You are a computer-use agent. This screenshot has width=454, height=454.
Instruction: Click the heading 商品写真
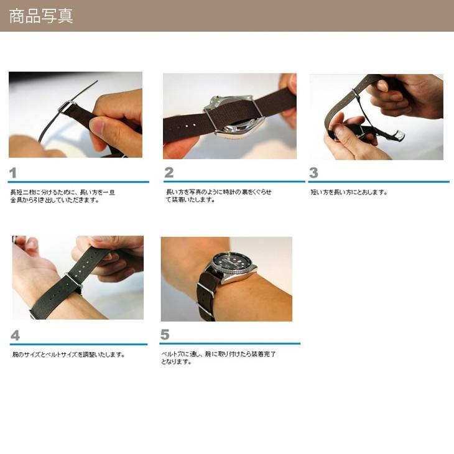pyautogui.click(x=41, y=16)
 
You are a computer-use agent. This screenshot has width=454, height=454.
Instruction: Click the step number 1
pyautogui.click(x=13, y=172)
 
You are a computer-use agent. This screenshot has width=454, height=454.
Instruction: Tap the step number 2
pyautogui.click(x=169, y=173)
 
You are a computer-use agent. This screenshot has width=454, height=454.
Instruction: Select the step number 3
pyautogui.click(x=313, y=173)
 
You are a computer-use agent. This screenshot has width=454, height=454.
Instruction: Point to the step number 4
pyautogui.click(x=15, y=336)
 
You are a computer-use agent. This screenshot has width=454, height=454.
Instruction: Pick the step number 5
pyautogui.click(x=165, y=335)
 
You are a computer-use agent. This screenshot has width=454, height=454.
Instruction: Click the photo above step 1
pyautogui.click(x=75, y=114)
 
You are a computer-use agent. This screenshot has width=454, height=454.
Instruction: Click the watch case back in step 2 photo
pyautogui.click(x=231, y=115)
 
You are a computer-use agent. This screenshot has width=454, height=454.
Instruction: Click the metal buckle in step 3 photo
pyautogui.click(x=393, y=134)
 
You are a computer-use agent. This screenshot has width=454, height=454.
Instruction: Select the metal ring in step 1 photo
pyautogui.click(x=66, y=106)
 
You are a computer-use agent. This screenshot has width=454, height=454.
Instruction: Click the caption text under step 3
pyautogui.click(x=348, y=192)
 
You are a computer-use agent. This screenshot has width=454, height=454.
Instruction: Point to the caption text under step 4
pyautogui.click(x=68, y=354)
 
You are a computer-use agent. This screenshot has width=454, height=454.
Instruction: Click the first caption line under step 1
pyautogui.click(x=62, y=192)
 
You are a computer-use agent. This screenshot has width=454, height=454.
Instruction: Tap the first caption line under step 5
pyautogui.click(x=218, y=354)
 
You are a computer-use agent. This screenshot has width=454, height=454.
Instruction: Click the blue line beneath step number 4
pyautogui.click(x=78, y=344)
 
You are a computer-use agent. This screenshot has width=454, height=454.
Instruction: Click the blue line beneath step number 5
pyautogui.click(x=229, y=343)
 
